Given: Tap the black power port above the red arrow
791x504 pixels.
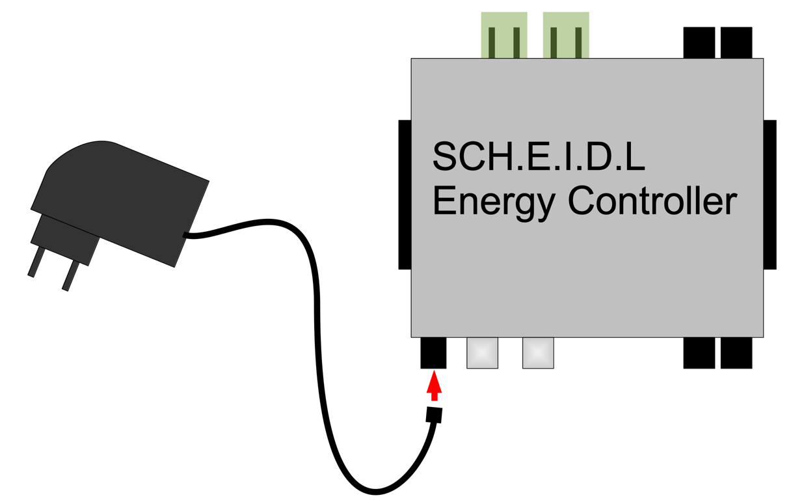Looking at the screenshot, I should [433, 353].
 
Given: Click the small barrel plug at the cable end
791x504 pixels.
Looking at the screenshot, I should [434, 415].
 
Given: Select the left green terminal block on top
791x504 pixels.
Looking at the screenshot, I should [504, 35].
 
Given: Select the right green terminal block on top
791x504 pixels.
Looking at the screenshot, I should [566, 35].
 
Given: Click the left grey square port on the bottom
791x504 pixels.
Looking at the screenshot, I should [482, 353].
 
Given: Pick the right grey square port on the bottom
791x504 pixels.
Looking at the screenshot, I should [538, 353].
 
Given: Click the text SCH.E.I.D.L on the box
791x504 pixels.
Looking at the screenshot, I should [539, 157].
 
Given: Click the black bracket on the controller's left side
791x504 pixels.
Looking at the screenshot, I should [405, 194].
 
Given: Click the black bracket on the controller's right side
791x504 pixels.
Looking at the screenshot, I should [770, 194].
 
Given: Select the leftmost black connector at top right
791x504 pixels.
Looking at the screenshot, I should [699, 42].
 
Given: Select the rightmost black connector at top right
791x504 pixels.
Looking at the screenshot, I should [736, 42].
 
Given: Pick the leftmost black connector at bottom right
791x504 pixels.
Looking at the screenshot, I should [699, 353].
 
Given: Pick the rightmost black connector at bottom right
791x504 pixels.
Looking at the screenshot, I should [736, 353].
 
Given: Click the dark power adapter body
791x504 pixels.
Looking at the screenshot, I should [124, 195].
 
